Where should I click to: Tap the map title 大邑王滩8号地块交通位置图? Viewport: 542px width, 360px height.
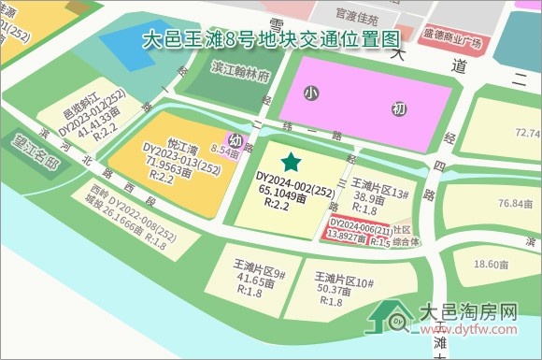coord(272,39)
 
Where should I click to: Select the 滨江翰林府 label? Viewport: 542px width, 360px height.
coord(240,70)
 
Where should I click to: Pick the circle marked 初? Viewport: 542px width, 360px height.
coord(399,109)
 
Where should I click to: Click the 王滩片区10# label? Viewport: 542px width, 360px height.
coord(345,281)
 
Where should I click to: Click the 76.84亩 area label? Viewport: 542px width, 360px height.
coord(517,204)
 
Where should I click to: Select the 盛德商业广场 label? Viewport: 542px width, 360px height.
coord(452,42)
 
